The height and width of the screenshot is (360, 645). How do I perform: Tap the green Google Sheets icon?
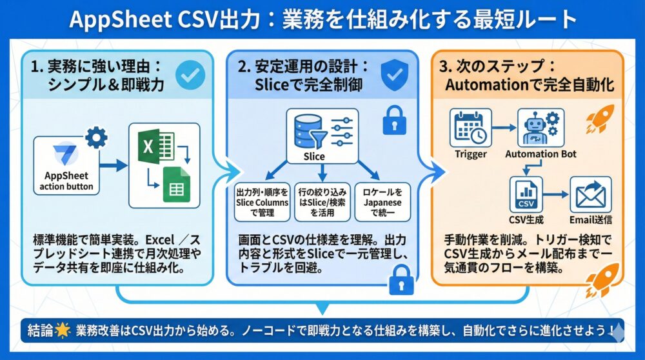pyautogui.click(x=175, y=184)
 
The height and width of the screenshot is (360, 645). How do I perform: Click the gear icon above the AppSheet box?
pyautogui.click(x=96, y=137)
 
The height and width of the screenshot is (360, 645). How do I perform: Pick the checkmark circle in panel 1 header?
pyautogui.click(x=190, y=76)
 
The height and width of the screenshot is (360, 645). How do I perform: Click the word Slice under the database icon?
pyautogui.click(x=313, y=156)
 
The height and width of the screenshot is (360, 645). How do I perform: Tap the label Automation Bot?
pyautogui.click(x=541, y=154)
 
